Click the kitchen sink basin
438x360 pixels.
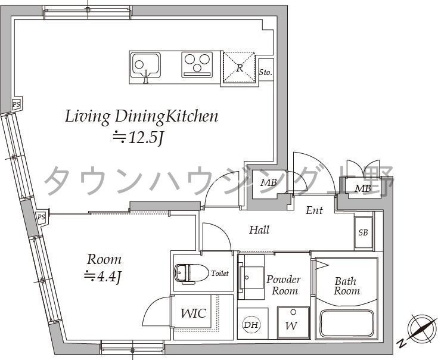point(145,63)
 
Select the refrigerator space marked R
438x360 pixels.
point(238,68)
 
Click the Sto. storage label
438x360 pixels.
point(265,72)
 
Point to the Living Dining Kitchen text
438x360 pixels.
point(141,116)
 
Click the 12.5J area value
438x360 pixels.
point(138,138)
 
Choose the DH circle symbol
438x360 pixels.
point(251,325)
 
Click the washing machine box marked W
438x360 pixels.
point(292,324)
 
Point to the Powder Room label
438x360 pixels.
point(283,285)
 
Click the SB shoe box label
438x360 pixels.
point(363,232)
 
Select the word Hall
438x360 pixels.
point(259,229)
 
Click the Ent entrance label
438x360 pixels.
point(314,210)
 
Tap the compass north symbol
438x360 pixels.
point(420,330)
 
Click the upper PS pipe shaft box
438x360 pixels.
point(16,104)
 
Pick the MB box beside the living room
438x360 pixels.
point(268,182)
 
